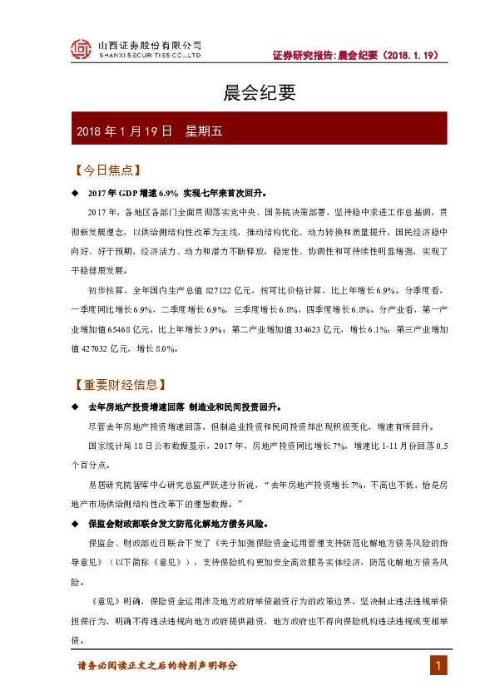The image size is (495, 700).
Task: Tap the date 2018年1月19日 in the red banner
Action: coord(124,131)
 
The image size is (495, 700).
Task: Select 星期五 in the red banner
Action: coord(205,131)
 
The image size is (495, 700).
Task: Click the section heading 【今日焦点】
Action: coord(104,170)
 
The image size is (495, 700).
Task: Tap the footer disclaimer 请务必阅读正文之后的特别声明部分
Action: coord(157,666)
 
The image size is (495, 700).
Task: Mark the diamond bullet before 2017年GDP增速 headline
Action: coord(75,193)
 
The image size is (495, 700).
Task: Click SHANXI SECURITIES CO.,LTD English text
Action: coord(150,57)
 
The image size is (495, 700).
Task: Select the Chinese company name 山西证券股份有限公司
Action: coord(150,45)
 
